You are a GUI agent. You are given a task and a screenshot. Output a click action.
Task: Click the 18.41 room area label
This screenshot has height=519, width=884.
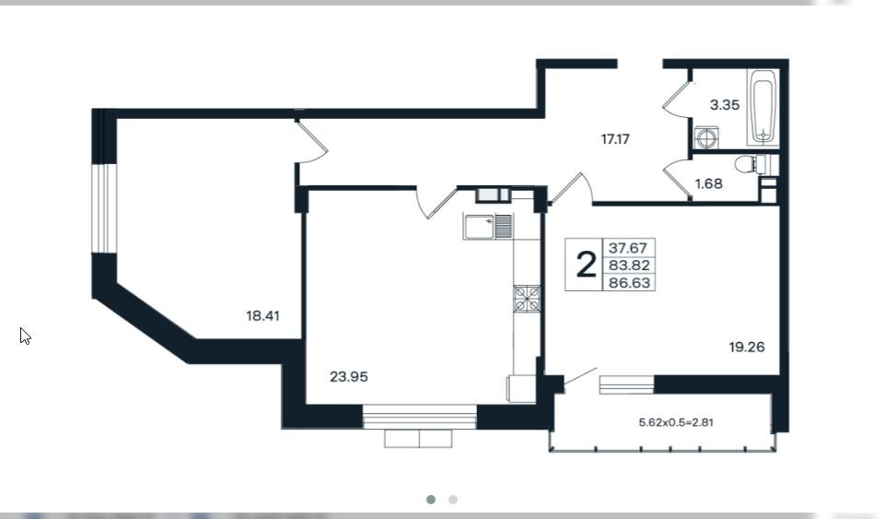click(262, 316)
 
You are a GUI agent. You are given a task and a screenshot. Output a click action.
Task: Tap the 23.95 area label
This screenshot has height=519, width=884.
click(349, 376)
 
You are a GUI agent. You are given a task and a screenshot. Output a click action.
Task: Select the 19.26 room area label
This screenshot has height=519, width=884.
click(747, 347)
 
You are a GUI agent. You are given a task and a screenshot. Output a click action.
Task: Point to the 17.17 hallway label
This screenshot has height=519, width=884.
click(615, 139)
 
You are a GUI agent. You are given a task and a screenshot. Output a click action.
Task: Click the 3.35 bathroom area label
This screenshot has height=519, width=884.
click(725, 105)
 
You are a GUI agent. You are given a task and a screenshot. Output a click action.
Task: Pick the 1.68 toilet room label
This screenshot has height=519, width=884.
click(709, 183)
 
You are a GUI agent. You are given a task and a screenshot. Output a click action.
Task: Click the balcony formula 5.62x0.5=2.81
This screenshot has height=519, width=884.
click(677, 422)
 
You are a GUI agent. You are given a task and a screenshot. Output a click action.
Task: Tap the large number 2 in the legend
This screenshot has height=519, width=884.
click(587, 265)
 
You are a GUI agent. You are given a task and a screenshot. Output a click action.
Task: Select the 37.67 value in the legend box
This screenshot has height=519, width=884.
click(627, 248)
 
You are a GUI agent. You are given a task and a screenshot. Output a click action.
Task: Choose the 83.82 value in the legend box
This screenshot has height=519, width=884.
click(629, 265)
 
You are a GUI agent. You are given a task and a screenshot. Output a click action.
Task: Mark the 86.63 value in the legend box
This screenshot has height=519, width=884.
click(630, 283)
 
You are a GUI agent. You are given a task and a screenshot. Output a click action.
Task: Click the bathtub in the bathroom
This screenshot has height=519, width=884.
click(763, 107)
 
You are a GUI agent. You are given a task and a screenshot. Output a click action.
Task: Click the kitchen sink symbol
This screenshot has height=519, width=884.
click(488, 226)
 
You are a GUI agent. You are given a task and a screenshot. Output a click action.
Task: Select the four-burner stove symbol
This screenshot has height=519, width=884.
click(527, 299)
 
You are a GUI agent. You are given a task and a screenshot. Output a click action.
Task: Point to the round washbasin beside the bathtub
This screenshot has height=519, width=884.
click(706, 137)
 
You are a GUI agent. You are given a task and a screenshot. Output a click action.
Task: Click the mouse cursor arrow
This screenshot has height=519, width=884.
click(25, 336)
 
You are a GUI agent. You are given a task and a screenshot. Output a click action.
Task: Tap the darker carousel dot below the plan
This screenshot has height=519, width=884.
click(431, 500)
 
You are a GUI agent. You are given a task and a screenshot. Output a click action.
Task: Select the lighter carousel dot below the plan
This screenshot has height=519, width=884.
click(453, 500)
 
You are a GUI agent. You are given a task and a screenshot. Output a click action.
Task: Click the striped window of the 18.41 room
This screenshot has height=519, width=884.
click(104, 208)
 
